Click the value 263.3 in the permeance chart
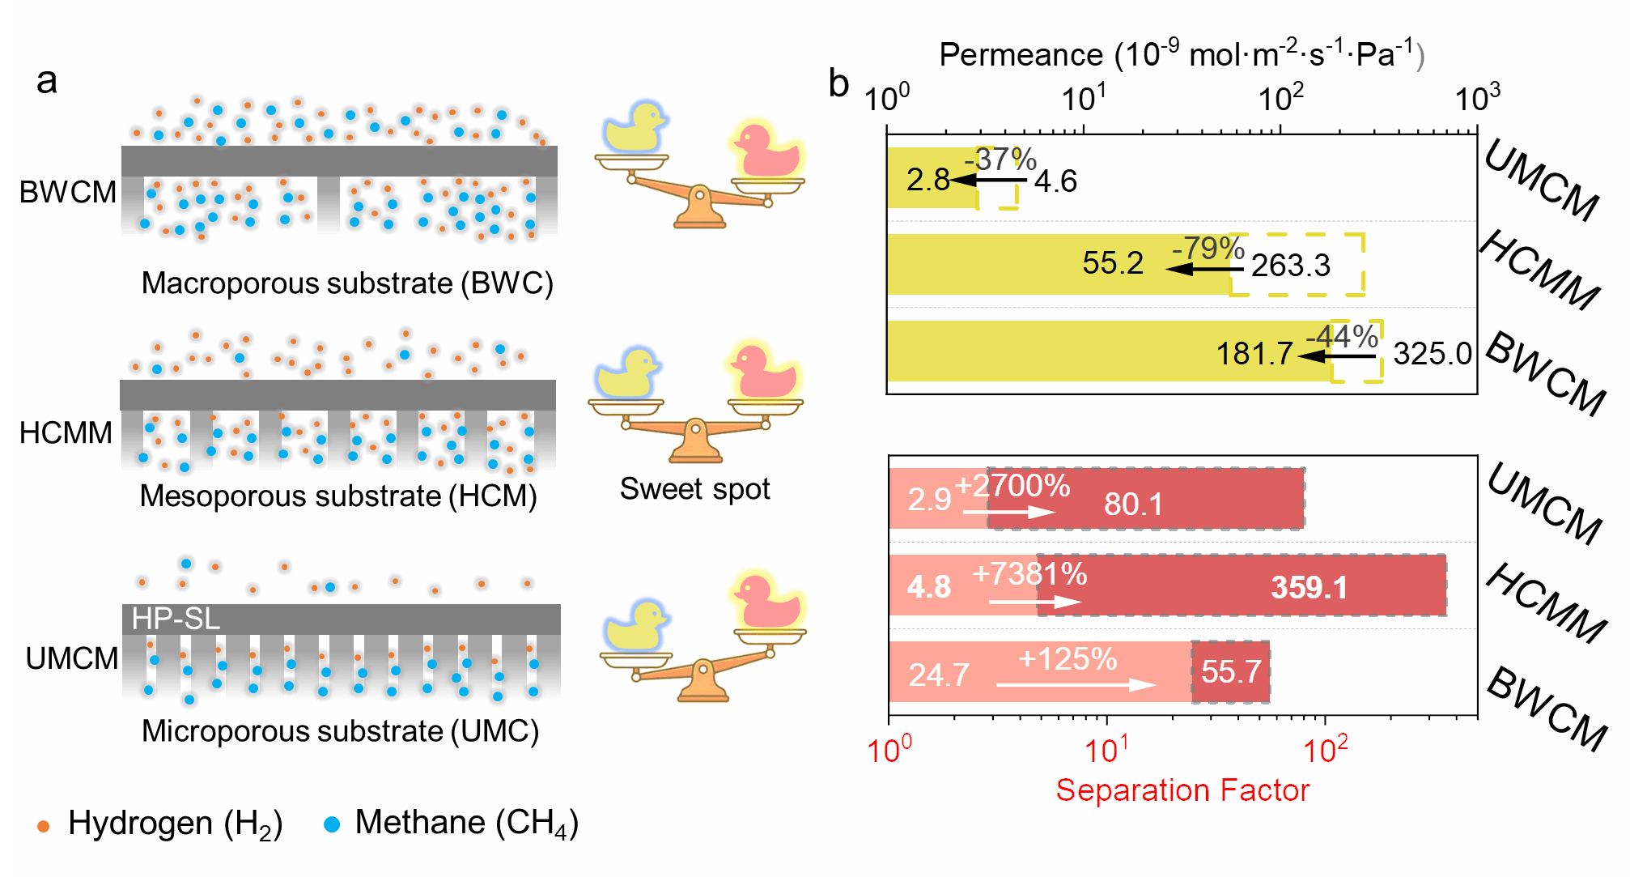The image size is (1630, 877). point(1290,266)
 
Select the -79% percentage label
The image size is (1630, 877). point(1208,248)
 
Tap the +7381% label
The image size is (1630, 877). point(1029,574)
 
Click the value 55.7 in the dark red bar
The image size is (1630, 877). point(1231,672)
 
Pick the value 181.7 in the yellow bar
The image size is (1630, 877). point(1254,354)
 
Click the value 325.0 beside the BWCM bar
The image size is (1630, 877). point(1432,354)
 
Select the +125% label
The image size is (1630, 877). point(1067,659)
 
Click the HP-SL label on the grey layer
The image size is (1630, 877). point(176,619)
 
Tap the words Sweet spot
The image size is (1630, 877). point(694,489)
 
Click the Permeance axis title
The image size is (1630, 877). point(1182,55)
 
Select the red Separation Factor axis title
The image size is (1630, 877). point(1182,790)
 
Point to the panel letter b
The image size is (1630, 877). point(838,83)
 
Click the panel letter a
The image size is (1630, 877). point(47,81)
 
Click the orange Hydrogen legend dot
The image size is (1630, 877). point(44,827)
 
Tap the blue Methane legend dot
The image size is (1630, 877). point(331,825)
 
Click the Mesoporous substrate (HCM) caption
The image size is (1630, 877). point(338,496)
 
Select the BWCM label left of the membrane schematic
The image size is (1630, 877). point(68,193)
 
